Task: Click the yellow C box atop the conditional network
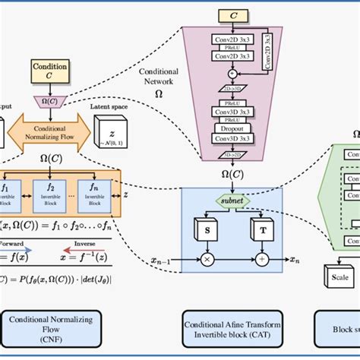(232, 14)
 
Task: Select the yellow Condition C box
(49, 71)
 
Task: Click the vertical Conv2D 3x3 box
(267, 52)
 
